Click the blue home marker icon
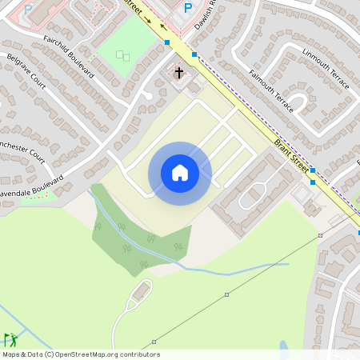coord(180,173)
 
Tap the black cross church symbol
coord(178,73)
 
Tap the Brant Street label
coord(291,154)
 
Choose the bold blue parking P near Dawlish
coord(188,8)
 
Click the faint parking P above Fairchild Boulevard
coord(28,10)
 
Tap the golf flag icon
coord(10,339)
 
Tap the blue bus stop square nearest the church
coord(194,54)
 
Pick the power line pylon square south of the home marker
coord(226,294)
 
